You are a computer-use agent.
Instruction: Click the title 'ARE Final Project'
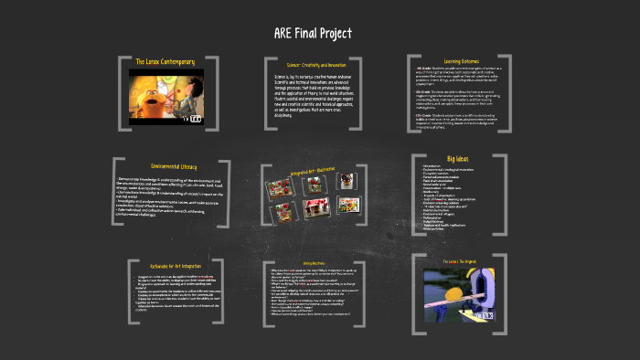312,34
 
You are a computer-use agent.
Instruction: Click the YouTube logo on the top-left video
195,117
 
